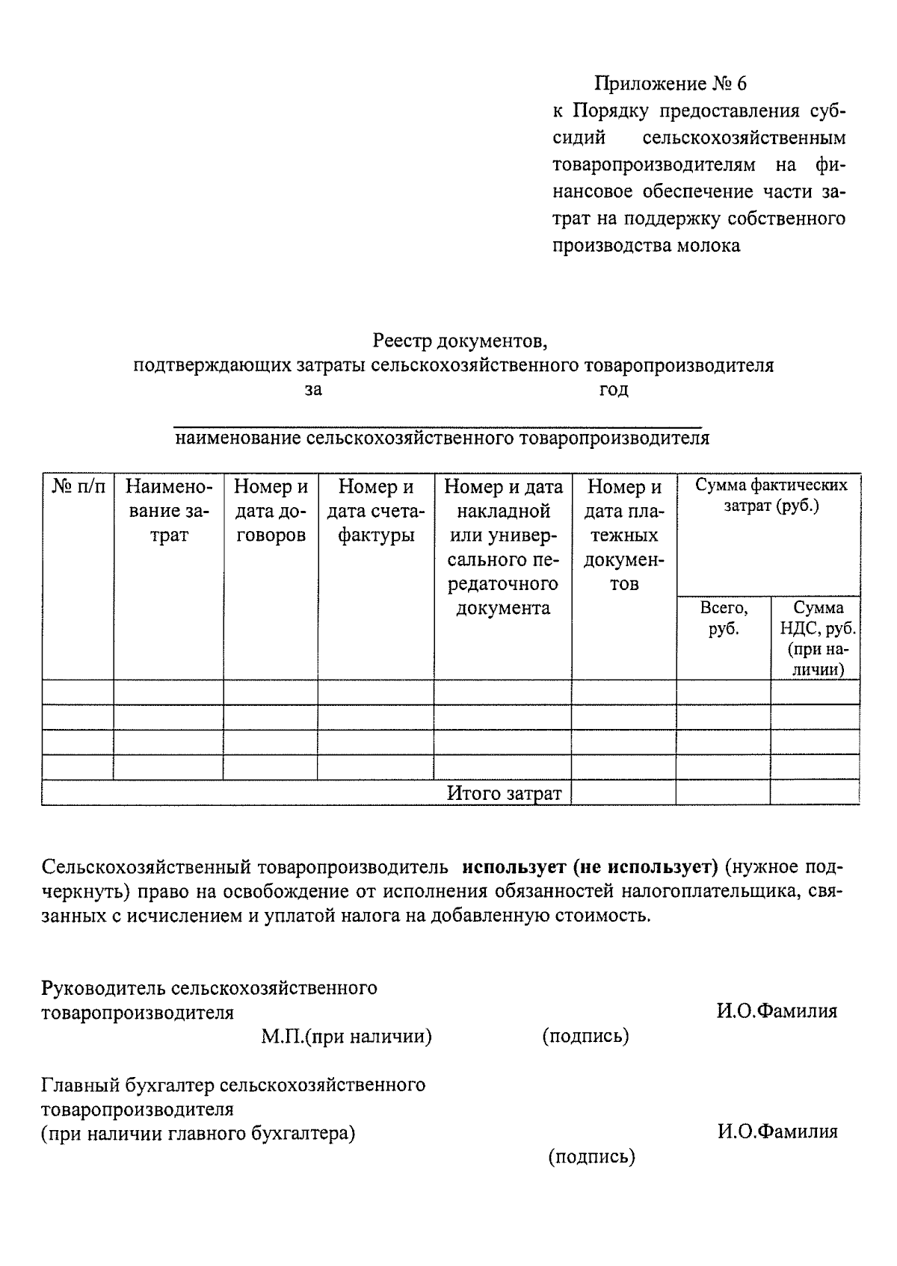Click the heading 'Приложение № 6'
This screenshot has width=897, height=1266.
coord(670,83)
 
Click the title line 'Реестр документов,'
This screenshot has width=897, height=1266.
coord(460,341)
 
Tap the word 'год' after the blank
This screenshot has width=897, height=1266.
coord(614,390)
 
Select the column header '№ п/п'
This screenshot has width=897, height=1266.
coord(78,487)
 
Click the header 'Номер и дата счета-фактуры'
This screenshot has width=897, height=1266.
coord(376,511)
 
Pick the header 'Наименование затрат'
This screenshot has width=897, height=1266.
coord(169,511)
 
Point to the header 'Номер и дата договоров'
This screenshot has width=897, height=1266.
coord(271,511)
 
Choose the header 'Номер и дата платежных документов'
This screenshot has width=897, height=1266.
coord(624,535)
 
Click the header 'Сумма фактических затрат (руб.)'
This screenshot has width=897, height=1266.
coord(771,495)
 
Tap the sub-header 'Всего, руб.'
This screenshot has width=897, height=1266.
coord(724,618)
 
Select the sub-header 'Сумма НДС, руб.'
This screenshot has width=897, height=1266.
coord(817,618)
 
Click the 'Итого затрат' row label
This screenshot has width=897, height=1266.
coord(504,793)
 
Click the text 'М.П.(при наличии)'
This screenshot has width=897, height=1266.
coord(346,1037)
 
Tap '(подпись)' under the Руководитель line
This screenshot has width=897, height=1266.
coord(585,1037)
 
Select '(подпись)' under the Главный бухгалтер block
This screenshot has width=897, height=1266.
coord(591,1157)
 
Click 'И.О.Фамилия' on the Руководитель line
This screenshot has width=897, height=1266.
coord(777,1011)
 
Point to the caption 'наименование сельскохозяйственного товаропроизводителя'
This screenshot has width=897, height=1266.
coord(442,438)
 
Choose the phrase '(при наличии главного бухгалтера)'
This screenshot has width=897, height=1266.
coord(198,1133)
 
